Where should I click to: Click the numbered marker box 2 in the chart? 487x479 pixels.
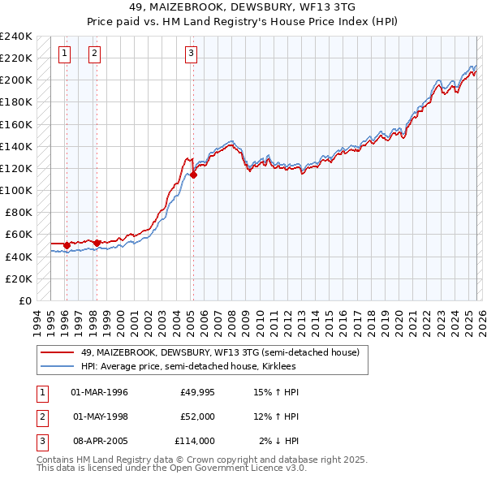point(95,54)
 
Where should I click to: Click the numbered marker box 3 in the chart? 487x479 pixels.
point(191,54)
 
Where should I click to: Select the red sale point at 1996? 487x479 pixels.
point(66,244)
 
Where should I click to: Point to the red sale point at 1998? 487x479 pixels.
point(97,243)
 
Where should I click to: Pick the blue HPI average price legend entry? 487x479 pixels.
point(188,367)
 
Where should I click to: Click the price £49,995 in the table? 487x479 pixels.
point(198,392)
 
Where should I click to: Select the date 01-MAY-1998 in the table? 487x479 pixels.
point(100,416)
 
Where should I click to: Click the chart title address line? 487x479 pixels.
point(243,6)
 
